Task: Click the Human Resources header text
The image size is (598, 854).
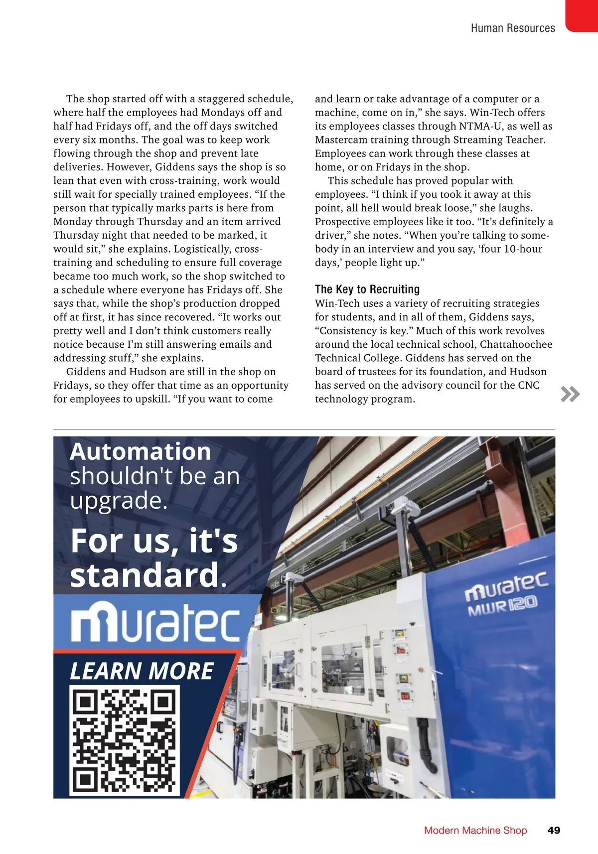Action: click(513, 28)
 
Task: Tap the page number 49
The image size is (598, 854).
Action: click(554, 830)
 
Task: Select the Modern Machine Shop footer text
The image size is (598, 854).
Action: click(475, 830)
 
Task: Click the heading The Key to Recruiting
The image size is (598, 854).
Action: click(367, 289)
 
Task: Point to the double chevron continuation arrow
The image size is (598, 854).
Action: click(570, 394)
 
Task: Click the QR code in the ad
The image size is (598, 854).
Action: click(124, 740)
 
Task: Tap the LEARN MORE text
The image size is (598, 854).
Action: click(142, 671)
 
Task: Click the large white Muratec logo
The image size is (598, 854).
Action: click(155, 622)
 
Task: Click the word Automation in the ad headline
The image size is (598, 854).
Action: click(141, 451)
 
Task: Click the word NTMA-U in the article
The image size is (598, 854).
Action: click(481, 126)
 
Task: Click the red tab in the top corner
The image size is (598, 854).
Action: click(582, 15)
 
